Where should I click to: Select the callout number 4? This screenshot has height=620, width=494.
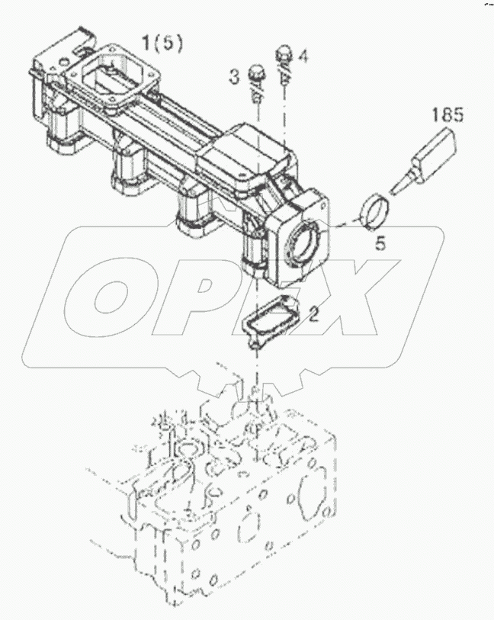(303, 56)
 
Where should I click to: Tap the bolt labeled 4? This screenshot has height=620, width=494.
(284, 57)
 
